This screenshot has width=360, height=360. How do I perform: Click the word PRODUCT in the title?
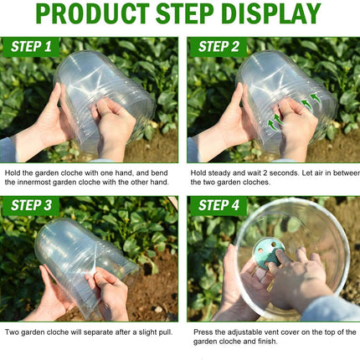pos(93,13)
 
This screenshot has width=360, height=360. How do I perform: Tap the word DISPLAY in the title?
pos(271,13)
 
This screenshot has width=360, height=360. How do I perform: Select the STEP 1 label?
pos(31,47)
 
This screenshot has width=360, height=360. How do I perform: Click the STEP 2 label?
pos(219,47)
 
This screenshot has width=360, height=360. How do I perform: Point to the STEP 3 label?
pos(31,205)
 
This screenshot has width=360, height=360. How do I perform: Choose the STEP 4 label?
pos(219,205)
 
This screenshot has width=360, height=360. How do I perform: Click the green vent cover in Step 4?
pos(269,254)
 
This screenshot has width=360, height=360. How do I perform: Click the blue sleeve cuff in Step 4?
pos(331,308)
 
